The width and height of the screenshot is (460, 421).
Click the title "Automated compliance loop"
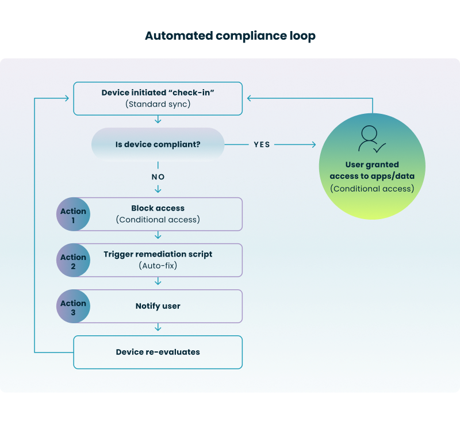[x=230, y=36]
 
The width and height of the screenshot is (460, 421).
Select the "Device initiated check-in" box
[x=158, y=98]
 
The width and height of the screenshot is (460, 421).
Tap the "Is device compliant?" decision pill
[x=158, y=144]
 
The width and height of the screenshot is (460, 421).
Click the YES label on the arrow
[x=262, y=144]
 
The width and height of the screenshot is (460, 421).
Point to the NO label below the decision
[x=158, y=177]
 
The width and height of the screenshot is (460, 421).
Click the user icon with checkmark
[x=371, y=139]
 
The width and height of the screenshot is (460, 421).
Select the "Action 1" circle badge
[x=73, y=215]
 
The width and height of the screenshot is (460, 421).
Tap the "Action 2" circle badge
[x=73, y=261]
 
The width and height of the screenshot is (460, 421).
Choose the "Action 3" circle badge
[x=73, y=307]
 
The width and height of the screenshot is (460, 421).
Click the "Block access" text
[x=158, y=208]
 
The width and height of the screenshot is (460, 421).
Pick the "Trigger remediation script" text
[x=158, y=254]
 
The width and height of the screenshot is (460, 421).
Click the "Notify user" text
[x=158, y=306]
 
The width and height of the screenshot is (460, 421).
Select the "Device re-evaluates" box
[x=158, y=352]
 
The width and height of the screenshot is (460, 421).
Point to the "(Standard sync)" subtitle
[x=158, y=105]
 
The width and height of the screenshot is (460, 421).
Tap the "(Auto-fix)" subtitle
[x=158, y=266]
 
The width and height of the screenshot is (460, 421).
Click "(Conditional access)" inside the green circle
[x=371, y=189]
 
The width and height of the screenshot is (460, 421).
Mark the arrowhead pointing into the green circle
[x=315, y=144]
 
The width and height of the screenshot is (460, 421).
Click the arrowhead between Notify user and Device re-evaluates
[x=158, y=328]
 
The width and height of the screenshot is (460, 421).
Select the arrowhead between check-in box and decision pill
[x=158, y=120]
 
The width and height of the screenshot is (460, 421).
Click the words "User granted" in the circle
[x=371, y=164]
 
